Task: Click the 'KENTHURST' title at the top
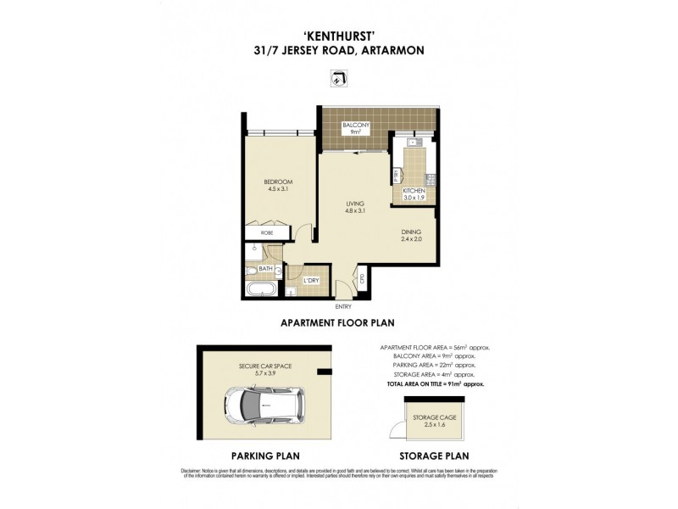[x=338, y=36]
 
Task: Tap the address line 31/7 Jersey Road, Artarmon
[x=338, y=50]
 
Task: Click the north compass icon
[x=338, y=80]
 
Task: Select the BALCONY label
[x=354, y=126]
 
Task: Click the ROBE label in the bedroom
[x=266, y=232]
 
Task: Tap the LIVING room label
[x=354, y=204]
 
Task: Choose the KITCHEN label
[x=414, y=192]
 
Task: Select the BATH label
[x=265, y=269]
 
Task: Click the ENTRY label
[x=343, y=305]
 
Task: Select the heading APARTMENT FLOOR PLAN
[x=338, y=322]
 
